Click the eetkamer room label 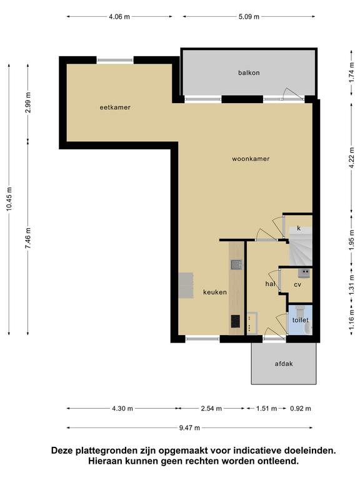[115, 107]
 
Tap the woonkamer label [251, 159]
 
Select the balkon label [249, 73]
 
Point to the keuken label [215, 292]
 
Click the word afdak [284, 364]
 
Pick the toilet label [300, 320]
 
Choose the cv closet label [297, 285]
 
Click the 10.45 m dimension [9, 199]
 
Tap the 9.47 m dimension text [189, 428]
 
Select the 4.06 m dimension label [119, 17]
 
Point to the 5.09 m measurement [249, 17]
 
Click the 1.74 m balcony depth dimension [351, 73]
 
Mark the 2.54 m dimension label [211, 409]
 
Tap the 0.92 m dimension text [301, 409]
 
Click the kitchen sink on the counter [236, 264]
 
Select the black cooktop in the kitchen [236, 321]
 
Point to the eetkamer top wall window [115, 60]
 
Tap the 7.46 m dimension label [28, 238]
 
